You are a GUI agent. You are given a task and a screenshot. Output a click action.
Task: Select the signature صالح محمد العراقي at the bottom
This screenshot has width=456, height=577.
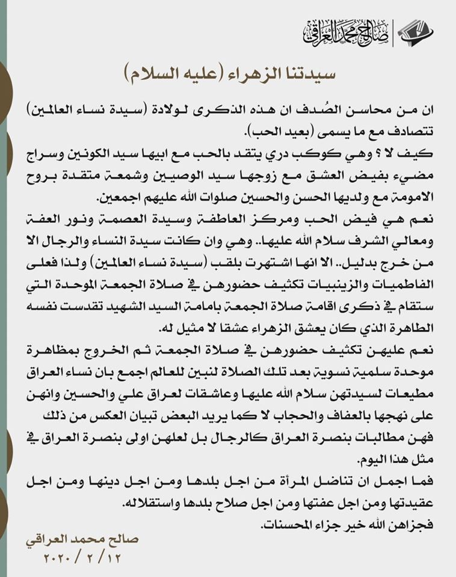click(x=82, y=539)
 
